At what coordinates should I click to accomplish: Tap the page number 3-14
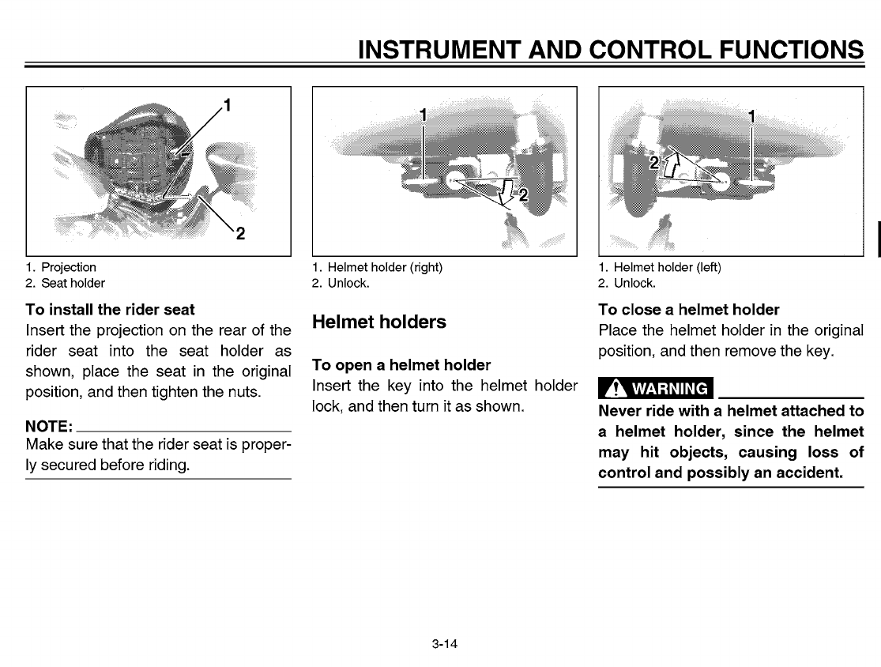(x=445, y=644)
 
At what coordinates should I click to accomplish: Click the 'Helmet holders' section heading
(x=379, y=322)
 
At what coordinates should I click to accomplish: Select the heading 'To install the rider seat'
(x=110, y=309)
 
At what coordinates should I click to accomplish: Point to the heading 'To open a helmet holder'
(x=401, y=365)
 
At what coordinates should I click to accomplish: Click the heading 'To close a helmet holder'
(x=689, y=309)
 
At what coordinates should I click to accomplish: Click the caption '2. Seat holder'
(x=66, y=282)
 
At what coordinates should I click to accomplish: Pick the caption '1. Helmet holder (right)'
(x=377, y=267)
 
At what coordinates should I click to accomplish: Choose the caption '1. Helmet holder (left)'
(x=659, y=267)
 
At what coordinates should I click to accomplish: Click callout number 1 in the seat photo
(x=227, y=105)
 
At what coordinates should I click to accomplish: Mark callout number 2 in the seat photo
(x=240, y=233)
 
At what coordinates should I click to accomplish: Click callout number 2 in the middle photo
(x=521, y=195)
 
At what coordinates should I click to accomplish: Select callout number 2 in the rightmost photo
(x=653, y=163)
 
